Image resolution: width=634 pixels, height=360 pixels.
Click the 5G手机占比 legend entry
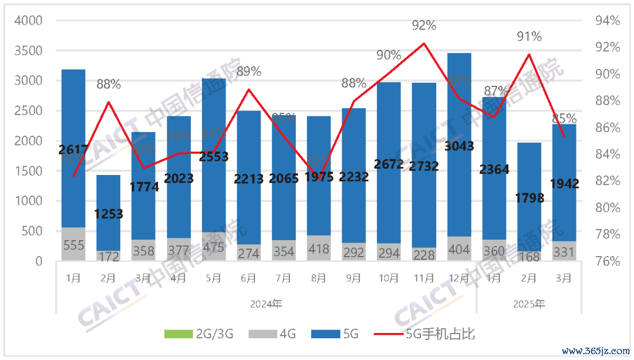pyautogui.click(x=440, y=334)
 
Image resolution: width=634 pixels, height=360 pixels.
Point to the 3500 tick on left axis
pyautogui.click(x=29, y=51)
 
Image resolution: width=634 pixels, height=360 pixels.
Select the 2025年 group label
pyautogui.click(x=528, y=304)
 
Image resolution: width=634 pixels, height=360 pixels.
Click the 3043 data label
pyautogui.click(x=459, y=146)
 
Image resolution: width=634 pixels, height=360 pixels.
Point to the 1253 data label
pyautogui.click(x=108, y=214)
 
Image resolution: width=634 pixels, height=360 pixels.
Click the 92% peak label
pyautogui.click(x=424, y=26)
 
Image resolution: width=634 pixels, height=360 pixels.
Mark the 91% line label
pyautogui.click(x=529, y=37)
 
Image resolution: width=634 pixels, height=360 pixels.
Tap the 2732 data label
pyautogui.click(x=424, y=166)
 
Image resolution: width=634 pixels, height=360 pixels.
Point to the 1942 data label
pyautogui.click(x=564, y=184)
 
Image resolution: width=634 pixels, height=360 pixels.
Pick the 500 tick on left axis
pyautogui.click(x=33, y=231)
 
